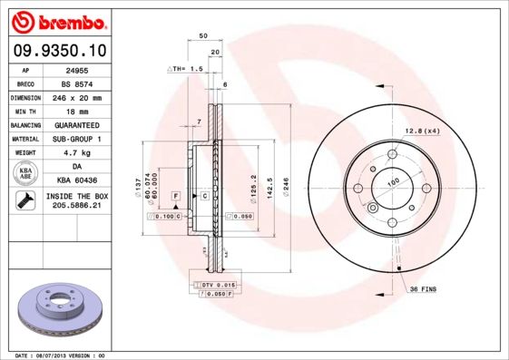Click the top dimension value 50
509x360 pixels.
pos(203,35)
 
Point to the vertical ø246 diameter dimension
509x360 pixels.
pos(286,188)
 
